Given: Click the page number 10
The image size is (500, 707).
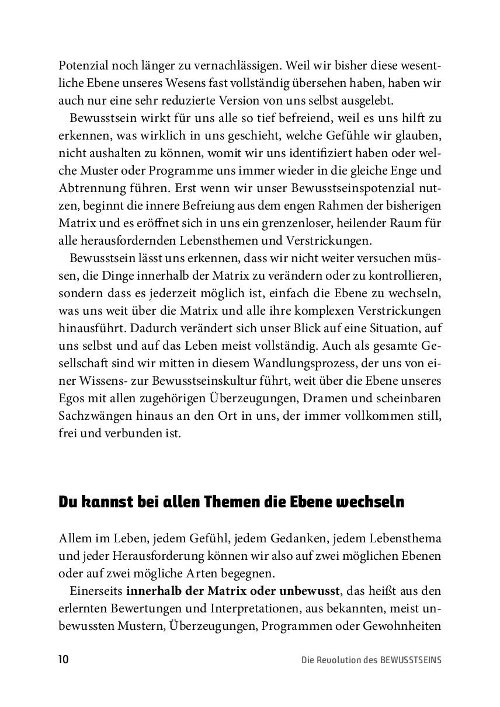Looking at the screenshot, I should click(64, 660).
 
